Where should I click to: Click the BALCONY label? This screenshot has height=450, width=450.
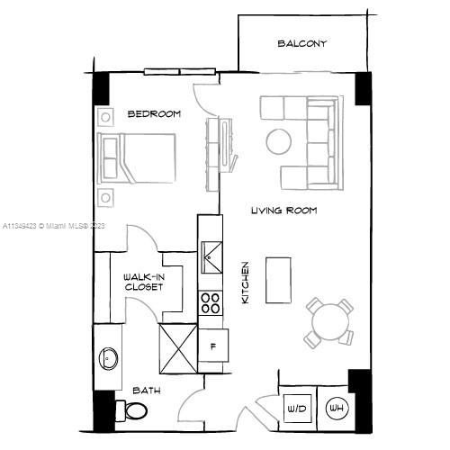[301, 43]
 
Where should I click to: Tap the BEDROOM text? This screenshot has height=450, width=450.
[154, 114]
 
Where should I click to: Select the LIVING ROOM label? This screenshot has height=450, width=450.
[283, 211]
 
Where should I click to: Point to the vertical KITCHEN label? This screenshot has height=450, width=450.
[245, 282]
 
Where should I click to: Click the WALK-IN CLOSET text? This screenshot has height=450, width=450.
[143, 283]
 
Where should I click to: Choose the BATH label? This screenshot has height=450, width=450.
[147, 391]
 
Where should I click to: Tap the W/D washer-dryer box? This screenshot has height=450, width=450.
[296, 408]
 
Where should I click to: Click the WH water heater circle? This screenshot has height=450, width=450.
[337, 409]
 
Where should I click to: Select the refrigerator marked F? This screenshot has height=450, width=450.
[213, 346]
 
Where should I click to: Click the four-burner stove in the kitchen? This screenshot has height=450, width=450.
[210, 302]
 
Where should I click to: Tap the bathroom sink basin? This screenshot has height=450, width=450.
[110, 358]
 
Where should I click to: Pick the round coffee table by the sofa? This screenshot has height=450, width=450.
[277, 141]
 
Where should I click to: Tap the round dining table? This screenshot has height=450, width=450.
[328, 321]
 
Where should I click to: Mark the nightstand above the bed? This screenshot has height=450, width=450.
[106, 116]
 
